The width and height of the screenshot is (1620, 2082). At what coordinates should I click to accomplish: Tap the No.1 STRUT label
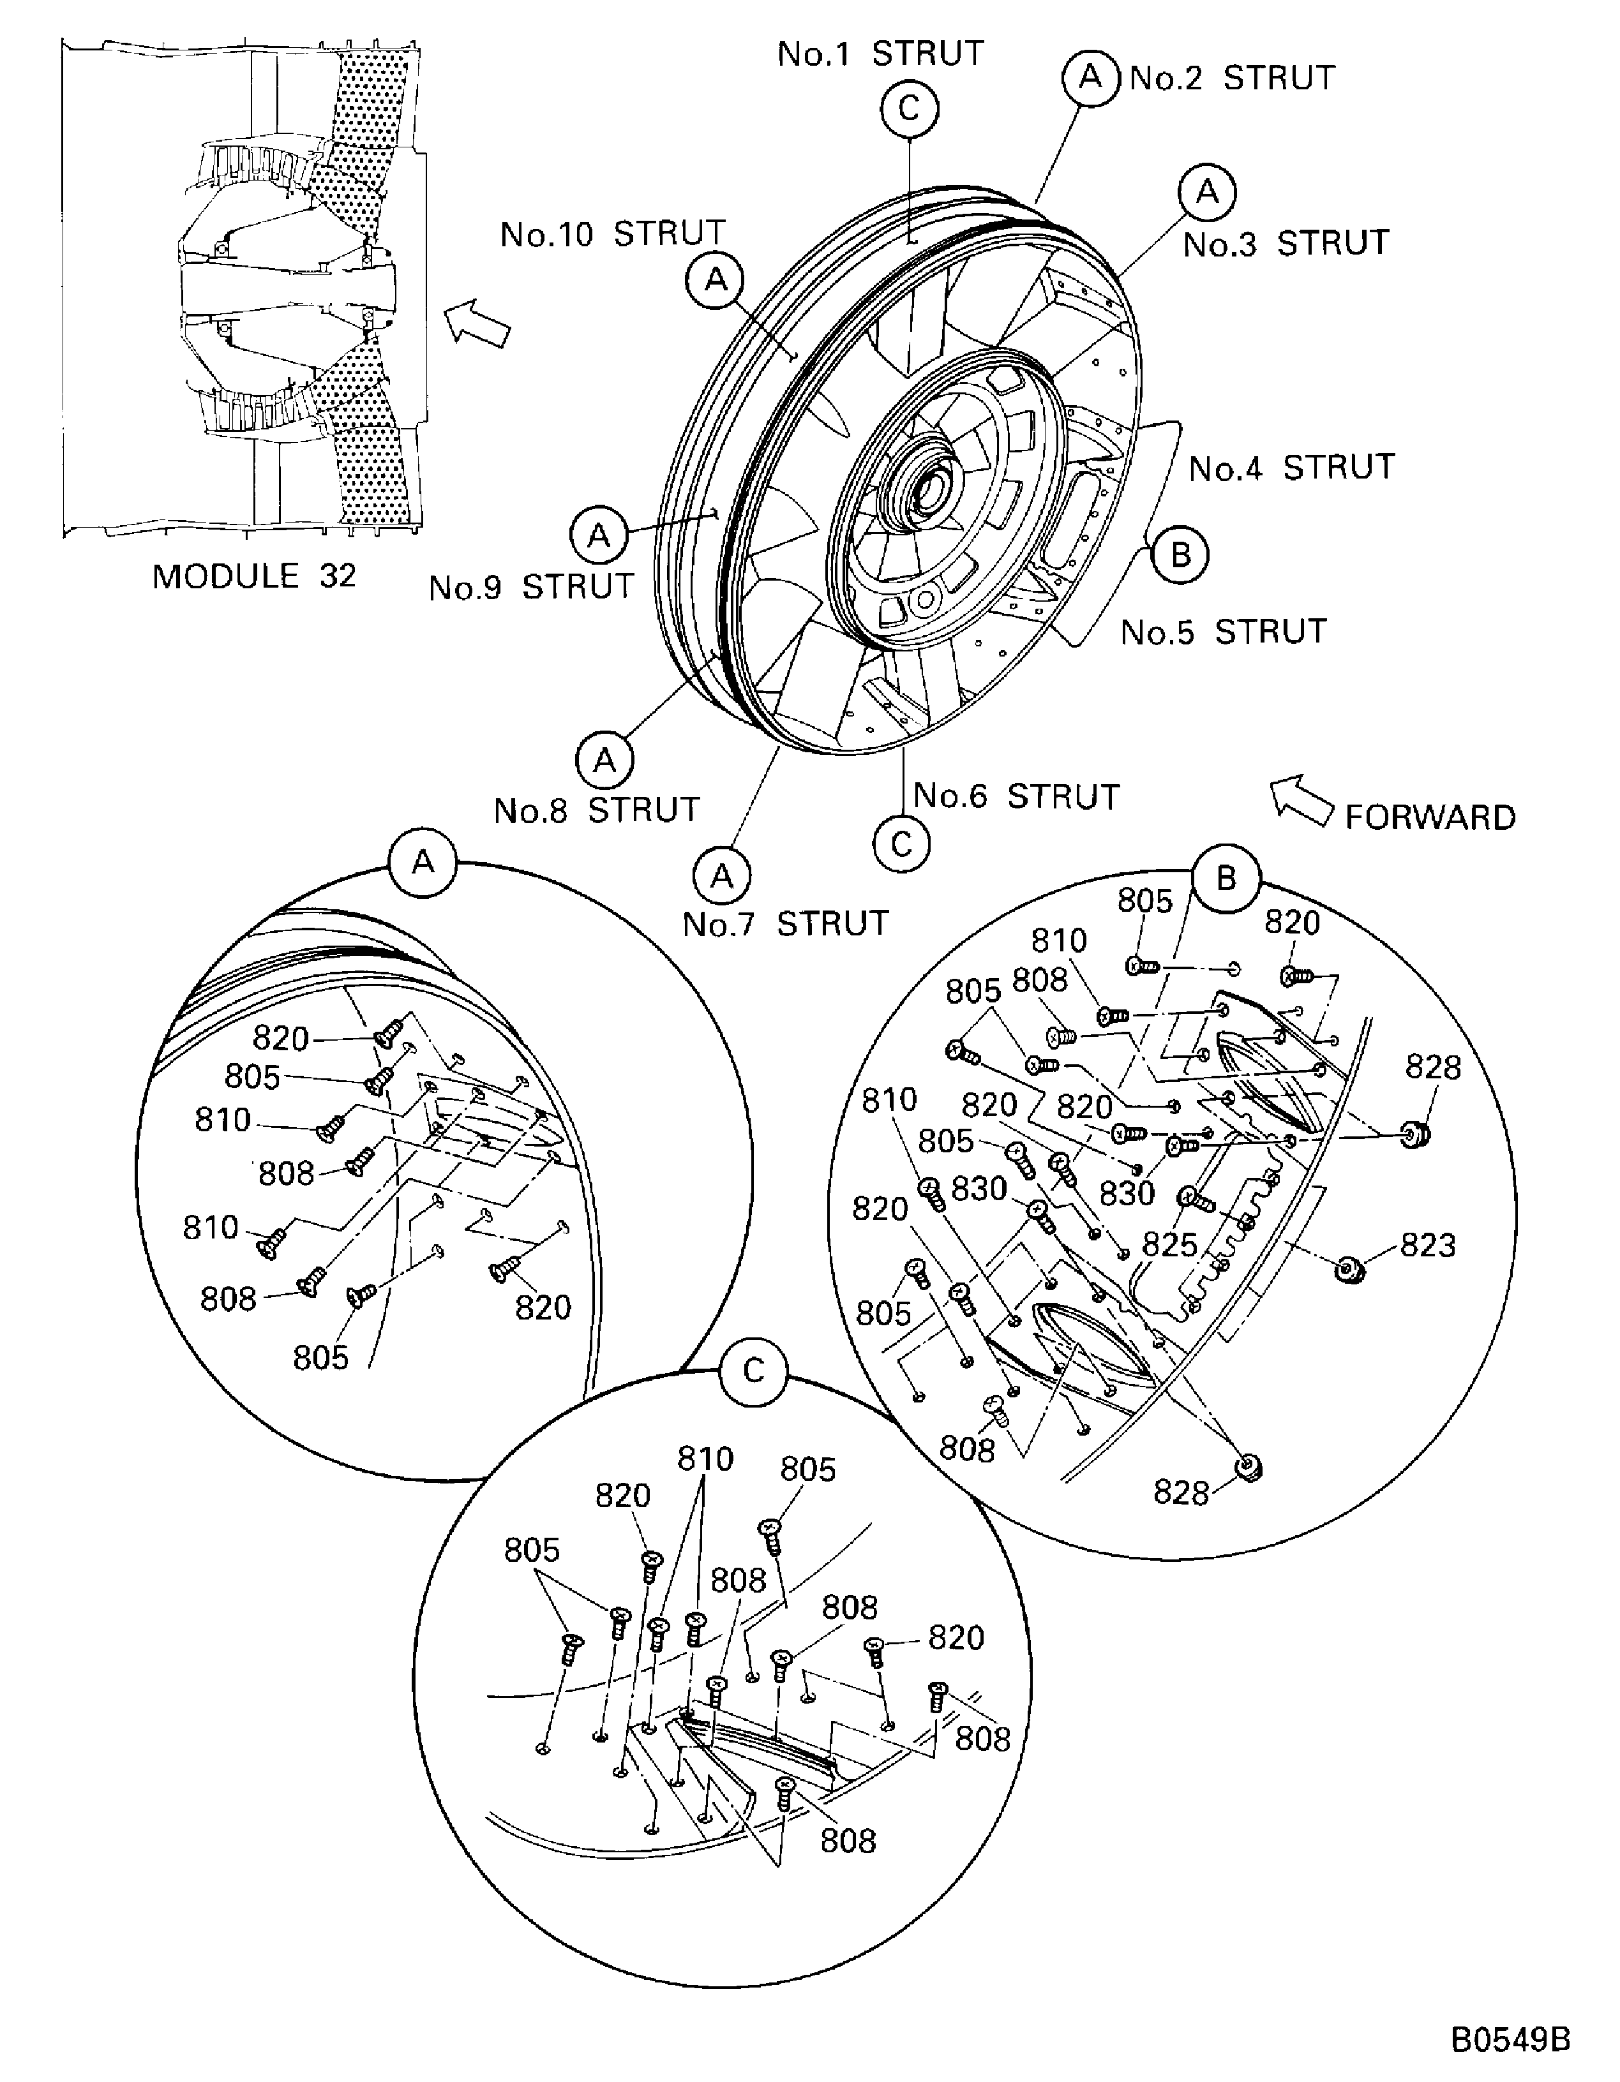coord(880,54)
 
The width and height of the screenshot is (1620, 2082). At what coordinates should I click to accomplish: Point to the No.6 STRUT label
coord(1016,796)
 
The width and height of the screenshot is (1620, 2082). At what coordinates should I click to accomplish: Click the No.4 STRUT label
coord(1292,468)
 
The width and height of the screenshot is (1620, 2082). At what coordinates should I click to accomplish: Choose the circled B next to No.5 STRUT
coord(1180,555)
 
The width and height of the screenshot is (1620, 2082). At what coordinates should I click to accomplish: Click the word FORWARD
coord(1429,818)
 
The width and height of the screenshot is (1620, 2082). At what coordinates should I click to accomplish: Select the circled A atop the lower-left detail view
coord(423,863)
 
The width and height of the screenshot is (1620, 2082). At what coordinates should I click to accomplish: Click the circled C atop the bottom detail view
coord(753,1371)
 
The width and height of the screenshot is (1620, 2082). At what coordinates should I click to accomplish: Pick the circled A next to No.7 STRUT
coord(722,875)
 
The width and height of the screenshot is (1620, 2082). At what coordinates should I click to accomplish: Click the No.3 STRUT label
coord(1286,244)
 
